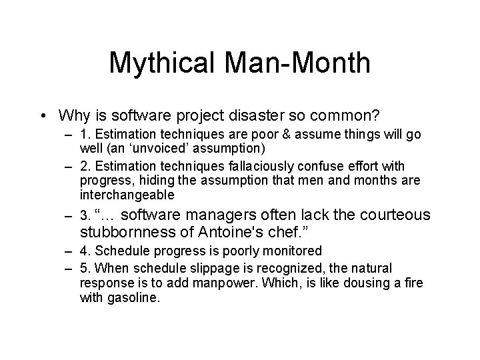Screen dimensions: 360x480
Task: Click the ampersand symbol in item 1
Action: pyautogui.click(x=281, y=134)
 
